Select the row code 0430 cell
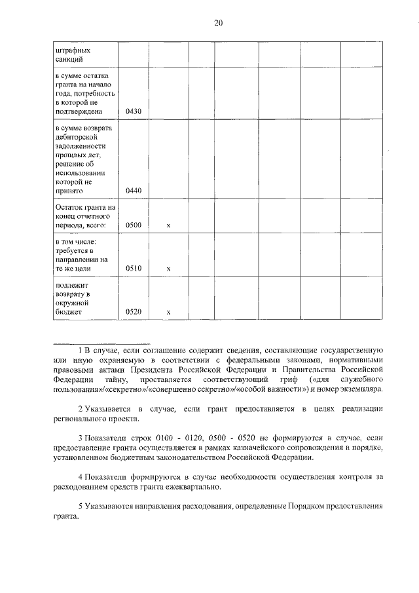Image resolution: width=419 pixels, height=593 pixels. tap(134, 111)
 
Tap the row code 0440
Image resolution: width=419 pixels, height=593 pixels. tap(134, 191)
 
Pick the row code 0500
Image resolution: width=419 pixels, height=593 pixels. tap(134, 225)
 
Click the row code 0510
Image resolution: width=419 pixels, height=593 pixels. tap(134, 269)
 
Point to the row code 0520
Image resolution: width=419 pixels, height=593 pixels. tap(134, 312)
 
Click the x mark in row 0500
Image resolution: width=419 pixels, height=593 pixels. tap(168, 225)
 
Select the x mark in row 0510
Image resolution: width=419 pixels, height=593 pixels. tap(168, 269)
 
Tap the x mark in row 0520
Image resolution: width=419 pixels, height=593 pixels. tap(168, 312)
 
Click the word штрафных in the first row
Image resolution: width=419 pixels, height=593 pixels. tap(69, 50)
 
